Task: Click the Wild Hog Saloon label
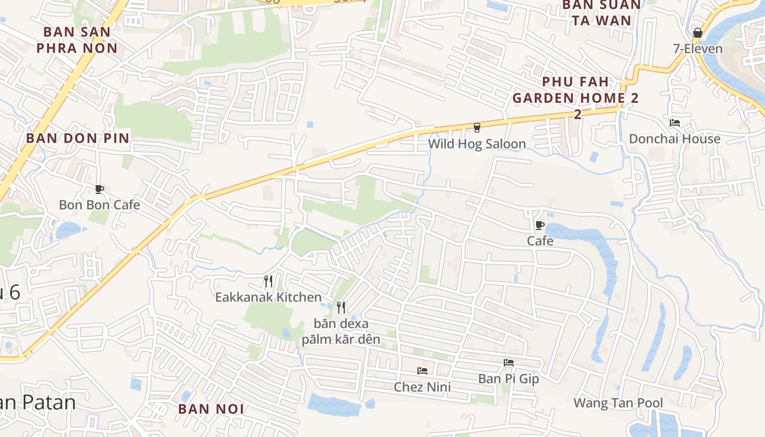click(476, 144)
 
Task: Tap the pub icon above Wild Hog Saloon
click(477, 128)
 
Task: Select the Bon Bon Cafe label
click(99, 205)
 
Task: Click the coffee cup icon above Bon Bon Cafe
click(99, 190)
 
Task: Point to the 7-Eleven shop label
click(697, 49)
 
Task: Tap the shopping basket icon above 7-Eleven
click(697, 33)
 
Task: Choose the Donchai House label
click(674, 139)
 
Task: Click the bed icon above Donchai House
click(675, 123)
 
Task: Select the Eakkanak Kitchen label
click(268, 298)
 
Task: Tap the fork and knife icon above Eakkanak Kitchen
click(268, 282)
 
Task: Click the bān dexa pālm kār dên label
click(341, 332)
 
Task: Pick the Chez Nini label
click(422, 387)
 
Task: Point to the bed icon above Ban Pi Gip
click(509, 363)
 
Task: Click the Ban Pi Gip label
click(509, 379)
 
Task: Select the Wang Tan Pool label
click(618, 404)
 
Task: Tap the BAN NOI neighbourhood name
click(211, 409)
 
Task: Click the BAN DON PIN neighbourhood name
click(78, 138)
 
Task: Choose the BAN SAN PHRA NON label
click(77, 40)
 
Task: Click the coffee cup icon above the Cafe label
click(540, 225)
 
